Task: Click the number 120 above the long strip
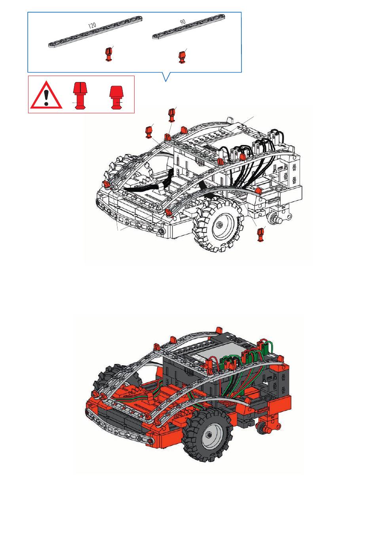tap(92, 25)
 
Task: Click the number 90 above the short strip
tap(183, 22)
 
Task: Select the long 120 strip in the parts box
tap(95, 32)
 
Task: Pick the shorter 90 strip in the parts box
tap(189, 26)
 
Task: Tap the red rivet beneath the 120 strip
tap(109, 54)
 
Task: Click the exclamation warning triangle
tap(46, 95)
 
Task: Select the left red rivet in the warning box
tap(80, 95)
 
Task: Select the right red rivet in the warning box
tap(117, 97)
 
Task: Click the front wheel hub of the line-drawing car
tap(220, 225)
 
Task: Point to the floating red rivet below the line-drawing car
tap(260, 235)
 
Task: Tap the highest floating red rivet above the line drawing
tap(171, 115)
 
